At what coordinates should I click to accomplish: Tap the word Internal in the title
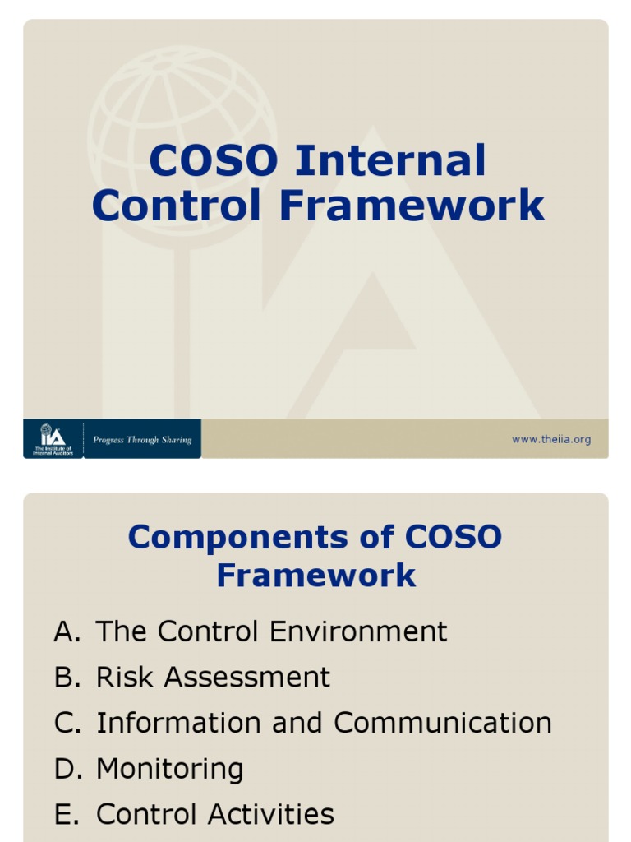point(390,161)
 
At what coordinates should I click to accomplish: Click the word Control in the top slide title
point(177,206)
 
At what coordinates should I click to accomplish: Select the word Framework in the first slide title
point(412,206)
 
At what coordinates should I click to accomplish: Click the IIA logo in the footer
point(53,438)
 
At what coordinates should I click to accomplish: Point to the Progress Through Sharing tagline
point(142,440)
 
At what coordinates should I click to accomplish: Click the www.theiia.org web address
point(550,440)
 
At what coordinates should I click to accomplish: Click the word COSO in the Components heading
point(453,538)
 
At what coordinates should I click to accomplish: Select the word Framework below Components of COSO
point(315,576)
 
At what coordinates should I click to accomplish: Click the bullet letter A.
point(65,631)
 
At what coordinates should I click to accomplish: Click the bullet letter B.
point(65,678)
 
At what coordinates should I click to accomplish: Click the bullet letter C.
point(65,724)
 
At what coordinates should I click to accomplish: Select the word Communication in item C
point(443,724)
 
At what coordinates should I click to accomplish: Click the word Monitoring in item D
point(169,770)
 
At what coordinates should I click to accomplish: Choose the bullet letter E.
point(64,814)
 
